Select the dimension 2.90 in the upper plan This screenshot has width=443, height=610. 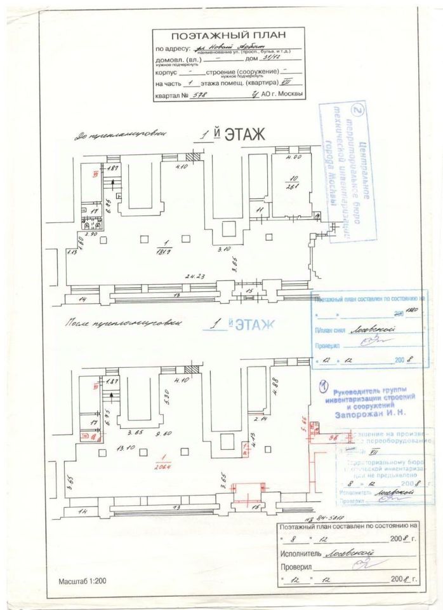click(91, 234)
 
